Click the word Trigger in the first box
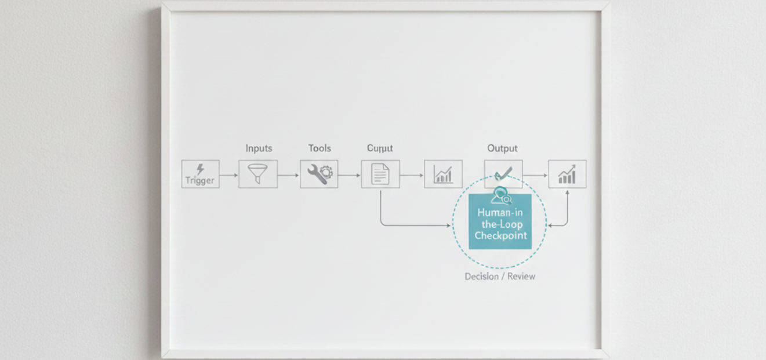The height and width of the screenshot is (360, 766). tap(200, 180)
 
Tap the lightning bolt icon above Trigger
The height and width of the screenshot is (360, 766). tap(200, 169)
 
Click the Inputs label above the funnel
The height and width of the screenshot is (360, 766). tap(259, 148)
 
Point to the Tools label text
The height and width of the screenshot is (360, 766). tap(320, 148)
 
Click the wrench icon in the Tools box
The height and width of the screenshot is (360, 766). tap(315, 174)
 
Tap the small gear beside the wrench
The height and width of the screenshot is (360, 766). tap(327, 172)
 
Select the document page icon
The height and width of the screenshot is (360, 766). tap(380, 174)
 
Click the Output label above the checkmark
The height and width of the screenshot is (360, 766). tap(502, 148)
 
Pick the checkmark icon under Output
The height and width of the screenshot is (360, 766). tap(503, 173)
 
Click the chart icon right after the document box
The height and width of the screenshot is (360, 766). tap(444, 174)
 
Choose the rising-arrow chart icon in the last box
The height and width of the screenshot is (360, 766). tap(567, 174)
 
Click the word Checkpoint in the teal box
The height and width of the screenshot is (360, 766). tap(500, 235)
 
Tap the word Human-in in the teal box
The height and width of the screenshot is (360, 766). tap(500, 212)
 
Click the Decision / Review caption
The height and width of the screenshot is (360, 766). tap(500, 277)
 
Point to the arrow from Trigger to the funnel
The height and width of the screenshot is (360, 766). tap(229, 174)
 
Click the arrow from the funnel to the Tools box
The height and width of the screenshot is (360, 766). tap(289, 174)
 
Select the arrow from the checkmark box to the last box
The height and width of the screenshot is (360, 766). tap(535, 174)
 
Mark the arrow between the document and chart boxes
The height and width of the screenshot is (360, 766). tap(412, 174)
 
